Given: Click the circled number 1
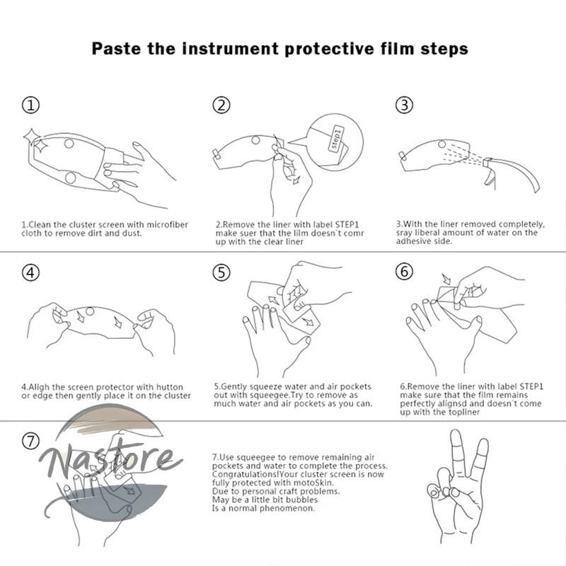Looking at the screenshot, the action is [30, 105].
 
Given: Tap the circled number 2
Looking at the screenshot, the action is [221, 105].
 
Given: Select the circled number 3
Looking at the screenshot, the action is [404, 105].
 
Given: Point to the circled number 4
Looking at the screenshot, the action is [30, 272].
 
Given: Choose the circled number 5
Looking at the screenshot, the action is [221, 272].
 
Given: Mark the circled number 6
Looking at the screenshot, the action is [404, 272].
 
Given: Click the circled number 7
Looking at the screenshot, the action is [30, 441].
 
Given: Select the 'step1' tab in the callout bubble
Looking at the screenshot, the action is [336, 138].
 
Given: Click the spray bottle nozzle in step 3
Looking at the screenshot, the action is [488, 163].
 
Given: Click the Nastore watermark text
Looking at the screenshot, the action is [110, 462].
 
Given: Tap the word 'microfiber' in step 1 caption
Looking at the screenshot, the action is [168, 224].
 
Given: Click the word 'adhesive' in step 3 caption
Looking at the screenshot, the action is [410, 241].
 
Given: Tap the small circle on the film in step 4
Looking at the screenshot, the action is [90, 311].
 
